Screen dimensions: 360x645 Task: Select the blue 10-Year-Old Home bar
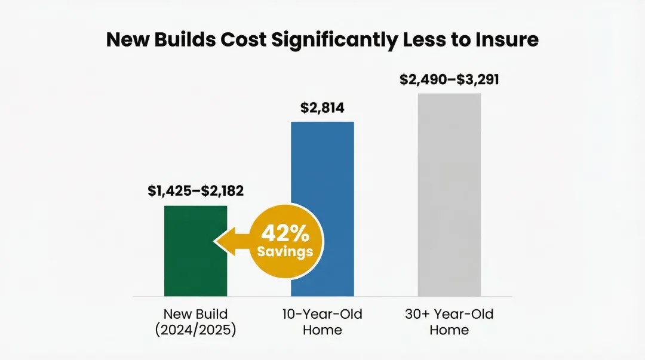pyautogui.click(x=322, y=179)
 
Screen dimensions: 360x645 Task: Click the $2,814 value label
pyautogui.click(x=322, y=108)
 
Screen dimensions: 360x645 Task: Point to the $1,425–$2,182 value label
pyautogui.click(x=196, y=191)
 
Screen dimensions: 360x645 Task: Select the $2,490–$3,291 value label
pyautogui.click(x=449, y=79)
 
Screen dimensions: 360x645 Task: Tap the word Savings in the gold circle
pyautogui.click(x=285, y=251)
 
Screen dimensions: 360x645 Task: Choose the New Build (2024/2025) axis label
pyautogui.click(x=195, y=322)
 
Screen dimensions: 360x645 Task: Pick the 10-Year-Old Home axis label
pyautogui.click(x=322, y=322)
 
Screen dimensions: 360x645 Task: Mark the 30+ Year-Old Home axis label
pyautogui.click(x=449, y=322)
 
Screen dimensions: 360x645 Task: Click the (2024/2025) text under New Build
pyautogui.click(x=195, y=330)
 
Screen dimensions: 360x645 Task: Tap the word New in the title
pyautogui.click(x=127, y=39)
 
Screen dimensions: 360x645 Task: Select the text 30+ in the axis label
pyautogui.click(x=416, y=314)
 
